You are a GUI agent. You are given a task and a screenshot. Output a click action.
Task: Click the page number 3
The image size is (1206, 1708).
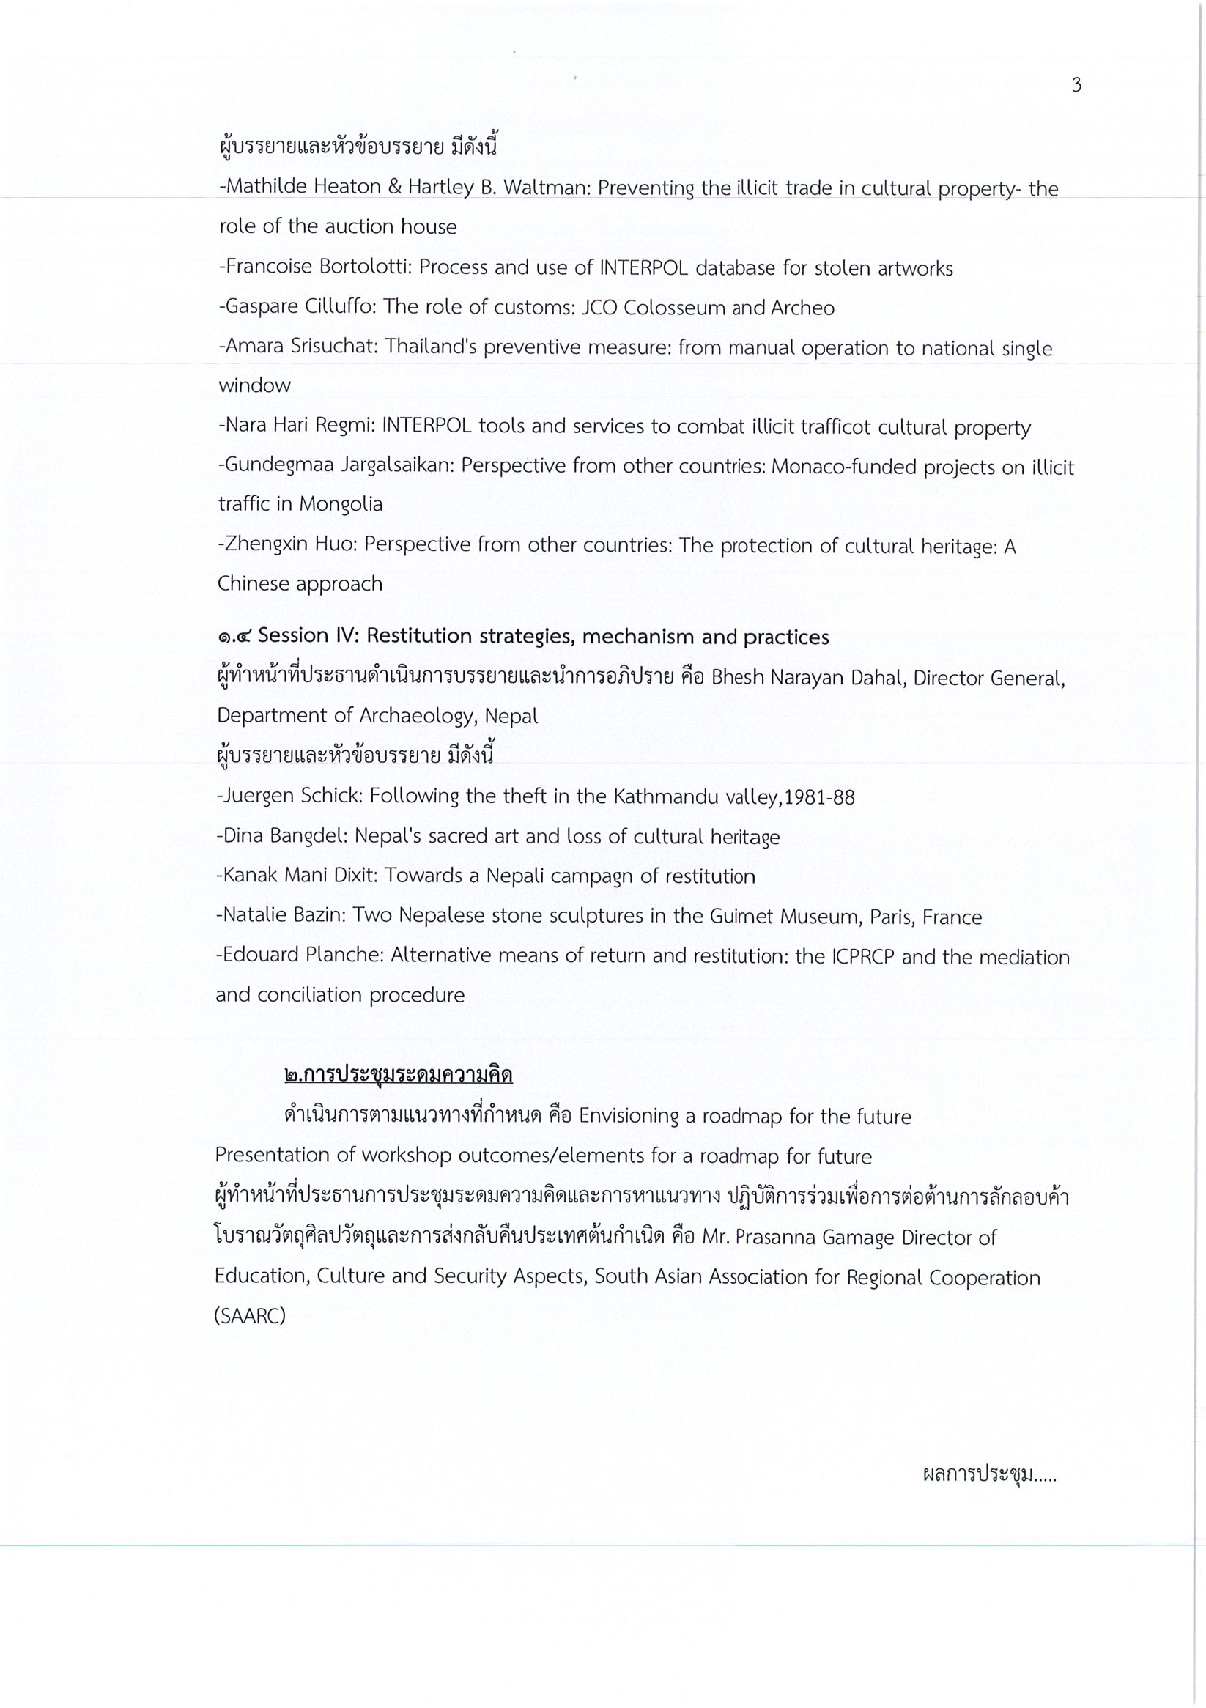[1076, 86]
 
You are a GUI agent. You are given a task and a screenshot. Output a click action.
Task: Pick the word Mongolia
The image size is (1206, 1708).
[341, 504]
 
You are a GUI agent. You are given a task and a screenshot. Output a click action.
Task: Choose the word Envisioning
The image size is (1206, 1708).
[629, 1117]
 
